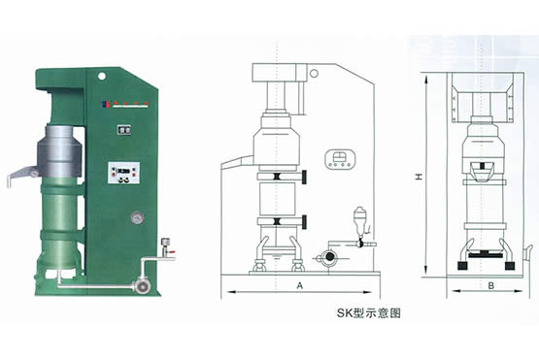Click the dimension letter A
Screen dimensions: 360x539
[301, 286]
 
